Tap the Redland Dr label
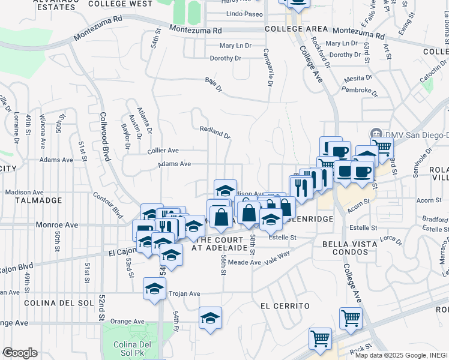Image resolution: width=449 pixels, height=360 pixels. click(215, 132)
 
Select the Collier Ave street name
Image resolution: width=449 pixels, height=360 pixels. click(163, 151)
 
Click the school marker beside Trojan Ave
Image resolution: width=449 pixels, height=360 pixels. click(154, 288)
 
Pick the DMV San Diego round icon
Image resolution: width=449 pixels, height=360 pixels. click(376, 133)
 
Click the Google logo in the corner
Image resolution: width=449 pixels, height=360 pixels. click(20, 353)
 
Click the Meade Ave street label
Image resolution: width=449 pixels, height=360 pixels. click(244, 262)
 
